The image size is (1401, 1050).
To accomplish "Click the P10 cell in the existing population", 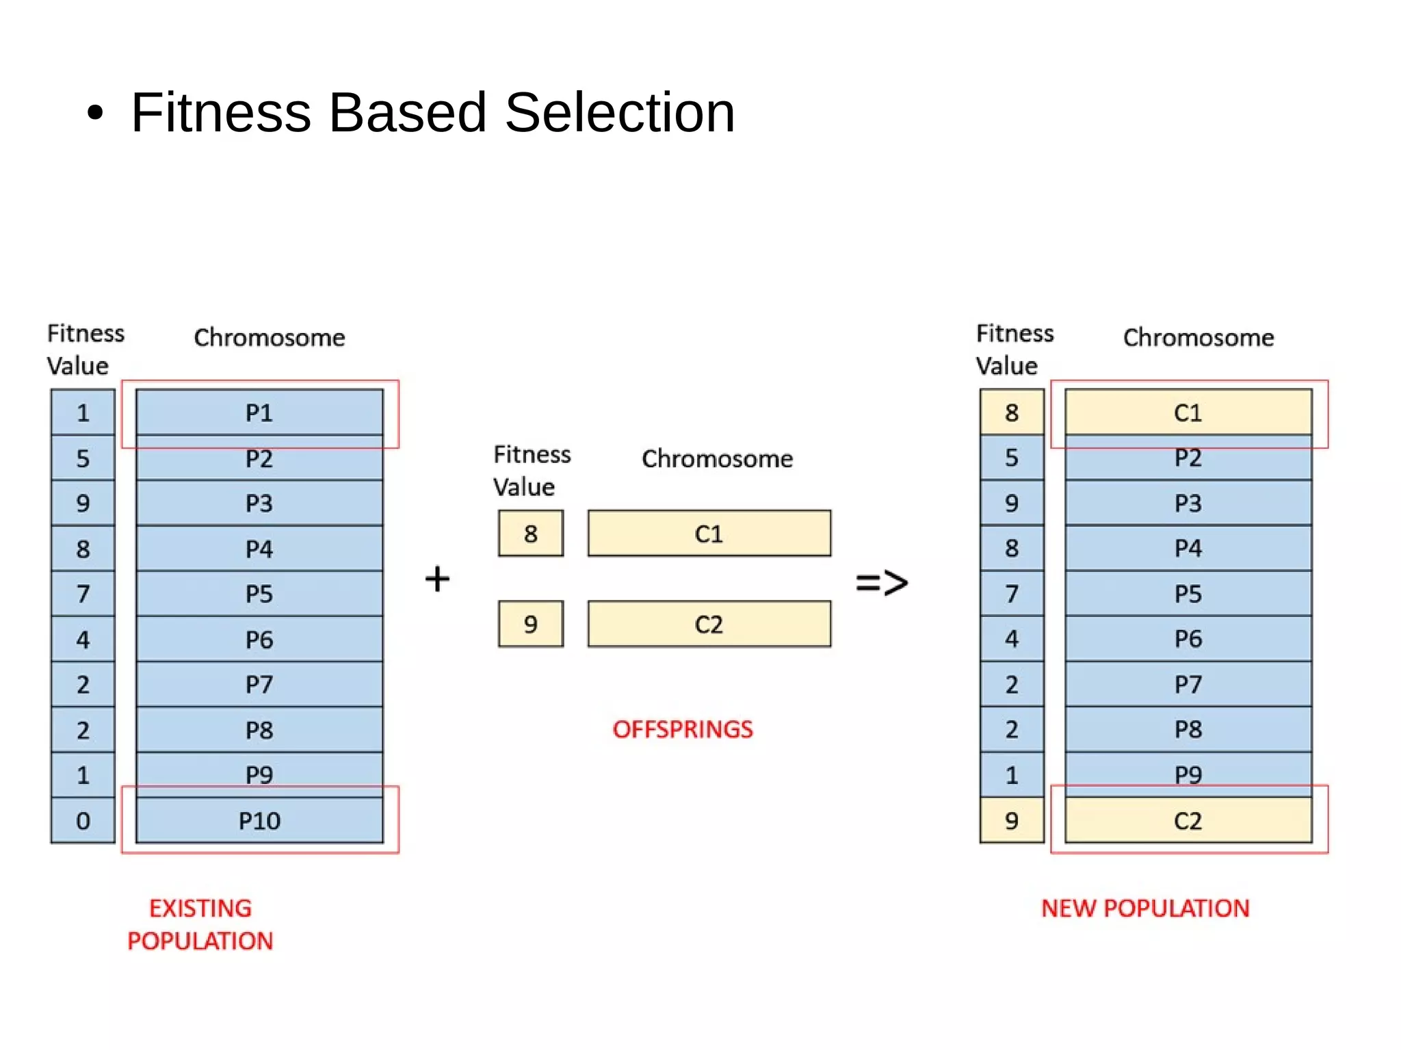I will pos(259,820).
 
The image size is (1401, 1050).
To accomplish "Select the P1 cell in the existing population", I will pos(259,412).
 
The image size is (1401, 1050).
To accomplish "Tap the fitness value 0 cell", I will pos(83,820).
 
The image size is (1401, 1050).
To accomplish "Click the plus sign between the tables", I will pos(437,579).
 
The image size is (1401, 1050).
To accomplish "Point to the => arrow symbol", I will pos(882,583).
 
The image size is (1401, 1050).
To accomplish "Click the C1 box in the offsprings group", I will pos(709,534).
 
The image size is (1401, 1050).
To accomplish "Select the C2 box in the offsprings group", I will pos(709,624).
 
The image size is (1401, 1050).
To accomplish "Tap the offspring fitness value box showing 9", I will pos(531,624).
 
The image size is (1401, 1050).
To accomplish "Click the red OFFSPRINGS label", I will pos(682,729).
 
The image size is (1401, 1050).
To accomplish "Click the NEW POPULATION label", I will pos(1145,908).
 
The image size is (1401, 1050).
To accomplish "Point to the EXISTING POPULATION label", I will pos(200,924).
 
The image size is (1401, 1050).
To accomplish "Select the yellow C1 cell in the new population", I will pos(1188,412).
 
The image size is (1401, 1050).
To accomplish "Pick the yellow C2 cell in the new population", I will pos(1188,820).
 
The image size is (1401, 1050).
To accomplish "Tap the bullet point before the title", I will pos(95,114).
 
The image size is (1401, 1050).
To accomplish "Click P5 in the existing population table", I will pos(259,594).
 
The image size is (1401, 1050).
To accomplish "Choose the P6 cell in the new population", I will pos(1188,639).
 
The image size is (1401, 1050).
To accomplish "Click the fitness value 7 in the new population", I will pos(1012,594).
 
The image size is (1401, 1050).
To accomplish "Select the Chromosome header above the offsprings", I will pos(717,458).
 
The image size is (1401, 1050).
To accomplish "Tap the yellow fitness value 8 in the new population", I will pos(1012,412).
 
